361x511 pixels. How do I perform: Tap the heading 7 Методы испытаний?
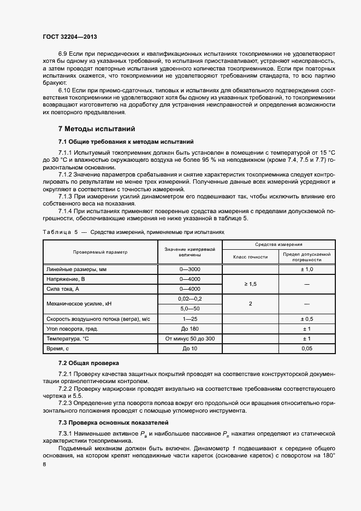96,130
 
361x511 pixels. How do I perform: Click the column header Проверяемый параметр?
100,252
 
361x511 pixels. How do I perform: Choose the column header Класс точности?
250,256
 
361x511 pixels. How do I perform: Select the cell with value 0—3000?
190,269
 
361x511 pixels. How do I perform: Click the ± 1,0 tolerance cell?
306,269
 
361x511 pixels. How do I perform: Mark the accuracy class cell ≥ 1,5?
250,284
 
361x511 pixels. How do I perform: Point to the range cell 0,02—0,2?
190,298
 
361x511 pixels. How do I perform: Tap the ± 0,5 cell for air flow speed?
306,319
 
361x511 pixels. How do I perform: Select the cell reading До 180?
190,328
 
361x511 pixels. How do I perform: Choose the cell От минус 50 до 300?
190,338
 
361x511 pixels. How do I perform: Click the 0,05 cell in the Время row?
306,348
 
